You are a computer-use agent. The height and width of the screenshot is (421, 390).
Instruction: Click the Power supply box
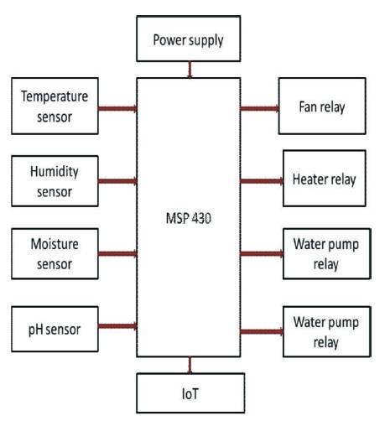[189, 39]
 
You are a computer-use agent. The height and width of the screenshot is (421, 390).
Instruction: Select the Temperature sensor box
[55, 106]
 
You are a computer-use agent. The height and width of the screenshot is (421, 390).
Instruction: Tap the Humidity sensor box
[55, 181]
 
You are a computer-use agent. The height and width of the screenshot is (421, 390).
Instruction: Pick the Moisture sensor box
[55, 254]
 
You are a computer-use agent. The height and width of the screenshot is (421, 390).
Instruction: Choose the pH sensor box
[55, 329]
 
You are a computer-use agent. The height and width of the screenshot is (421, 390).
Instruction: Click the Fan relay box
[322, 106]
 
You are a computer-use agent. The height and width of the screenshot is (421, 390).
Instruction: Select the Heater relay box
[325, 179]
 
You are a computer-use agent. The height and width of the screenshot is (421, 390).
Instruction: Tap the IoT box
[190, 393]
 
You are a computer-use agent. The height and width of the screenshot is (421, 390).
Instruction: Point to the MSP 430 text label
[189, 218]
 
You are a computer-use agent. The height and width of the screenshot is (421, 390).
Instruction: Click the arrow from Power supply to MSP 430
[190, 70]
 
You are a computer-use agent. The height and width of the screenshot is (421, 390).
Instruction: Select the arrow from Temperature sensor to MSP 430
[117, 108]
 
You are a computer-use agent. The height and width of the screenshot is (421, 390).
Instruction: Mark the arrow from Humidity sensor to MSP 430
[117, 181]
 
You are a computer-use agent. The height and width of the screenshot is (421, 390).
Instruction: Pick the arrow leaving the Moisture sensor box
[117, 254]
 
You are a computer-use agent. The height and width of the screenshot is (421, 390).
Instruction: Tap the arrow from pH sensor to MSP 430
[117, 326]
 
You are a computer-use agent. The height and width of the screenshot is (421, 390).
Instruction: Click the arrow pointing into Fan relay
[260, 108]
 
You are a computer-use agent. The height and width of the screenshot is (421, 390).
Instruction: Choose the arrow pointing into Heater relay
[262, 181]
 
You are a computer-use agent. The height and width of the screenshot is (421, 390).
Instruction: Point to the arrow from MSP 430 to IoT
[190, 365]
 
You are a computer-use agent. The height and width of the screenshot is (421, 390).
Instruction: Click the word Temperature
[55, 96]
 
